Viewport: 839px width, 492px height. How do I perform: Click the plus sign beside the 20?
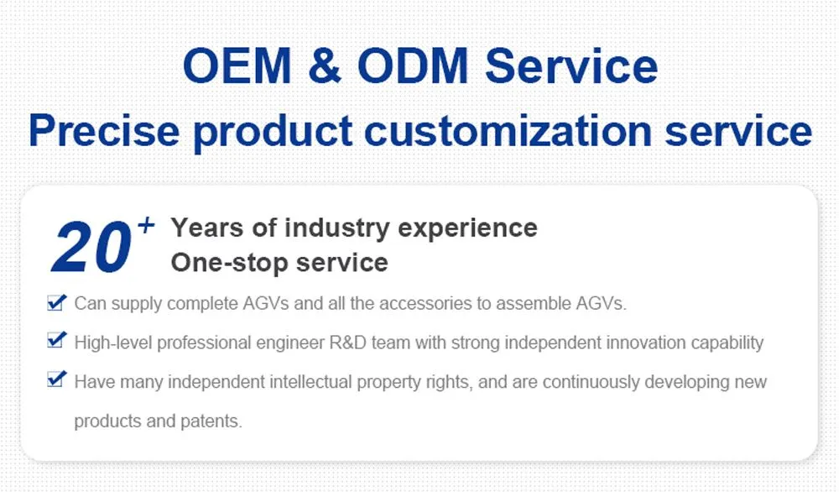(146, 225)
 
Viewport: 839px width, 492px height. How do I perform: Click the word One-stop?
(221, 262)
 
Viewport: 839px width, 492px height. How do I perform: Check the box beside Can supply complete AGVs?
(56, 302)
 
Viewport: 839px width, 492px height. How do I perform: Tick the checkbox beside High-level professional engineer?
(56, 341)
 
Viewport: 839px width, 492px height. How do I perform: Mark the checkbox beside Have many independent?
(56, 379)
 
